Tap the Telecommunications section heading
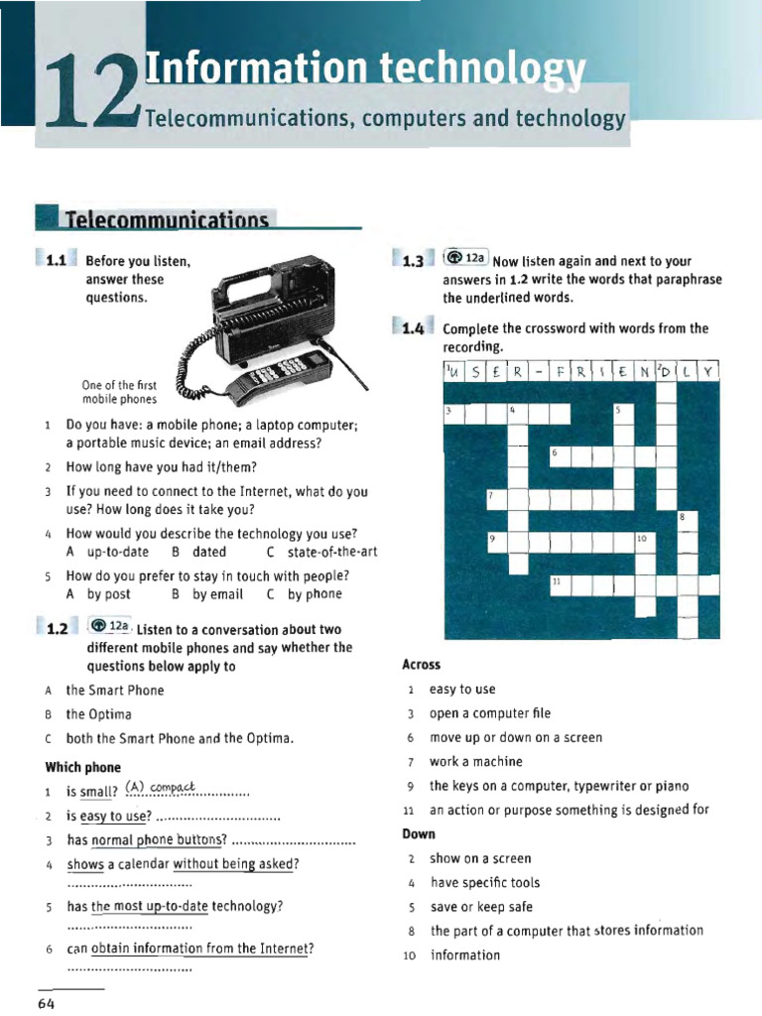coord(166,219)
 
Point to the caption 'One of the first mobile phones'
coord(119,392)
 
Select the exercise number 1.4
coord(414,328)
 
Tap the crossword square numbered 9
coord(497,542)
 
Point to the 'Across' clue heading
coord(422,665)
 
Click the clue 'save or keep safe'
coord(481,907)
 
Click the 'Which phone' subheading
coord(83,767)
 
